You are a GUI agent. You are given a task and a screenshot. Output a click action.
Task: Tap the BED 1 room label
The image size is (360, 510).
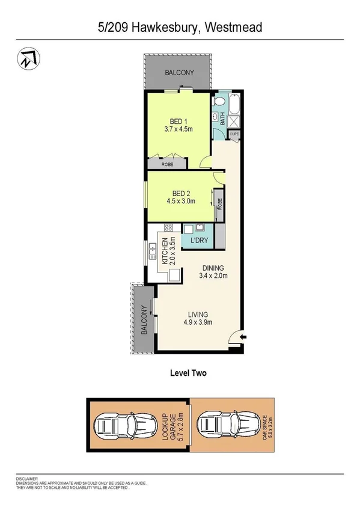tap(177, 119)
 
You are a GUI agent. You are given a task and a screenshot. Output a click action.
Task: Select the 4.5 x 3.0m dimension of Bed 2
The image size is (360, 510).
tap(178, 202)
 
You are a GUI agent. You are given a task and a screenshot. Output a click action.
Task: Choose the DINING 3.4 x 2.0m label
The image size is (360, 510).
tap(213, 272)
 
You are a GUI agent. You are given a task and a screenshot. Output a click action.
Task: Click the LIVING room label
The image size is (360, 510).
tap(197, 315)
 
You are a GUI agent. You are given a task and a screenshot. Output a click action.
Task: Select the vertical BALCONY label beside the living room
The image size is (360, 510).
tap(144, 320)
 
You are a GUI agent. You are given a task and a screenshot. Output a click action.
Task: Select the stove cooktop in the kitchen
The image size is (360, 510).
tap(168, 228)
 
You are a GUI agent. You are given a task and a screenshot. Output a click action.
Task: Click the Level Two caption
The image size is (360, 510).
tap(189, 373)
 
